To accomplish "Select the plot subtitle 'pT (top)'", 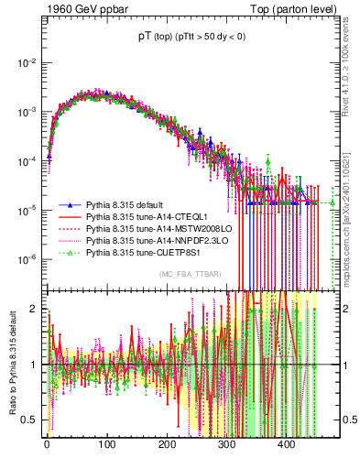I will pyautogui.click(x=160, y=39).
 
